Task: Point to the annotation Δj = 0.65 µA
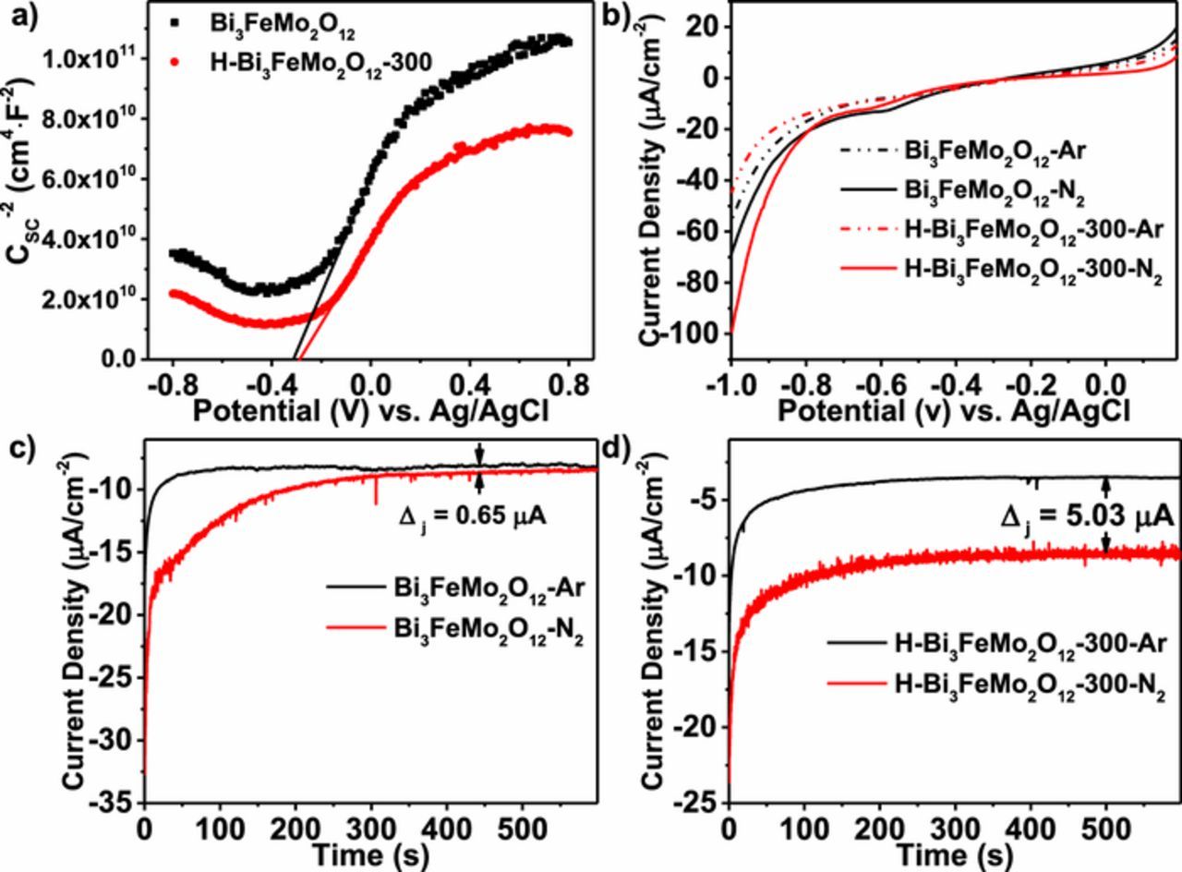pos(472,516)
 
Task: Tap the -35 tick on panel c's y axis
pos(115,804)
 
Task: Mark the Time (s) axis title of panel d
pos(954,854)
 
